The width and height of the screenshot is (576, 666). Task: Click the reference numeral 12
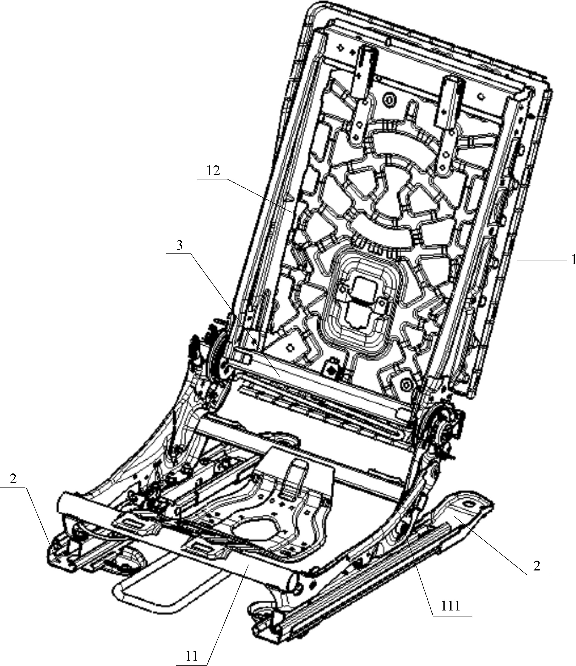click(213, 171)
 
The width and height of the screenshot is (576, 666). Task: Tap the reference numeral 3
click(179, 245)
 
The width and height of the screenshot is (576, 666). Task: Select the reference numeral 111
click(450, 606)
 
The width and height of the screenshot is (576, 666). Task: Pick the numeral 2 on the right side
click(537, 566)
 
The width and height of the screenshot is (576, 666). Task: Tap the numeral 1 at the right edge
click(573, 260)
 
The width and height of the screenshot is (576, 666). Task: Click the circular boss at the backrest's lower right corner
click(405, 384)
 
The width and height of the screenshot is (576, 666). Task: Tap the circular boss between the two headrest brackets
click(390, 99)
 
